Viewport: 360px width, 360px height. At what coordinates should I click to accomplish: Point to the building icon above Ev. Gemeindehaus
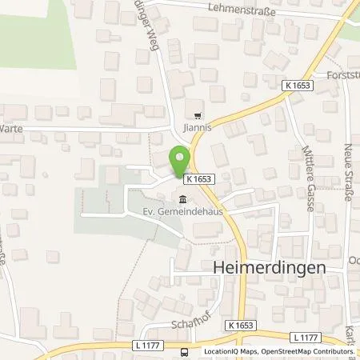pyautogui.click(x=183, y=199)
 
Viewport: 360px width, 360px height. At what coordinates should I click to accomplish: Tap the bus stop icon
pyautogui.click(x=186, y=351)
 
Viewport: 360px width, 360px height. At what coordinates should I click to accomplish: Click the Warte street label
pyautogui.click(x=11, y=127)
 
